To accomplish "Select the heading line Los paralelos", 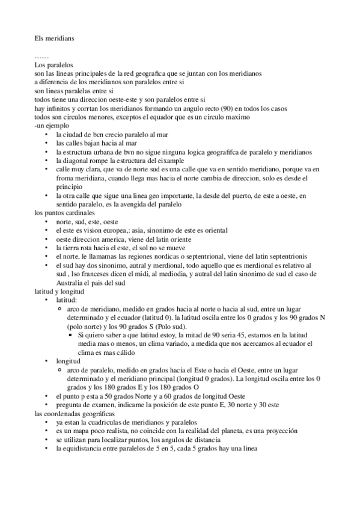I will coord(53,64).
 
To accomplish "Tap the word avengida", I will coord(136,204).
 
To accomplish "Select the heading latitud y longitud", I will coord(60,292).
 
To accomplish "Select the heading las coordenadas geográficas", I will coord(75,414).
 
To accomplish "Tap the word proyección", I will coord(294,432).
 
